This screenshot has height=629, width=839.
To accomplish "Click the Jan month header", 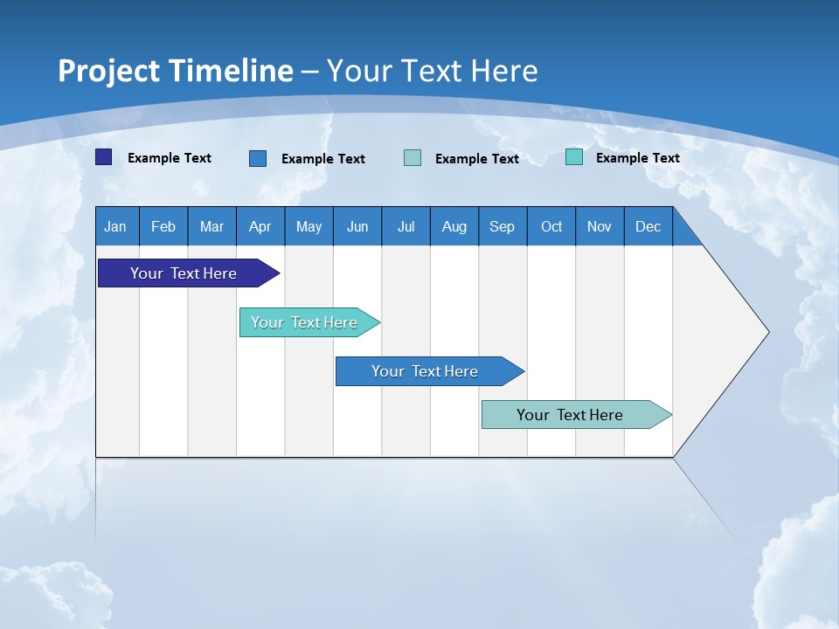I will coord(116,226).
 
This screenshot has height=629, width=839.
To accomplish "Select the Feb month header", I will coord(163,226).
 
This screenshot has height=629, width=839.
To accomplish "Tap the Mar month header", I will coord(211,226).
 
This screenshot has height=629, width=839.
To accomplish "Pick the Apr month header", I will coord(260,226).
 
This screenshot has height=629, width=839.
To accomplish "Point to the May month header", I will coord(309,226).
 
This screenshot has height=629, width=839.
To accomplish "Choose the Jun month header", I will coord(357,226).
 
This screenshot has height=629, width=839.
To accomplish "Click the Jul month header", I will coord(406,226).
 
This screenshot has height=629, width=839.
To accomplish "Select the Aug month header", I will coord(454,226).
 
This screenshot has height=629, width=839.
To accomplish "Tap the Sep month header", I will coord(503,226).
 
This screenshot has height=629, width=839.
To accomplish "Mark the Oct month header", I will coord(551,226).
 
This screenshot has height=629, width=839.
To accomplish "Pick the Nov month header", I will coord(600,226).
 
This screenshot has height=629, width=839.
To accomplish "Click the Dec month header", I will coord(648,226).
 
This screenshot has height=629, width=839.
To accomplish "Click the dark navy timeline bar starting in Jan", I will coord(184,273).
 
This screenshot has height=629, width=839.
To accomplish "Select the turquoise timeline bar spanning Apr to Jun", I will coord(304,322).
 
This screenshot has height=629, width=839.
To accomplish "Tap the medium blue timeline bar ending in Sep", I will coord(425,371).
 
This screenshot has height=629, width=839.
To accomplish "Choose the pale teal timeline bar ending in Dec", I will coord(570,415).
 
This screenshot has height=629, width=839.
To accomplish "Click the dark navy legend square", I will coord(104,157).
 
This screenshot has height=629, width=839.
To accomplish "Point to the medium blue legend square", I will coord(258,158).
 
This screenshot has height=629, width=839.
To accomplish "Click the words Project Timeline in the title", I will coord(176,71).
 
